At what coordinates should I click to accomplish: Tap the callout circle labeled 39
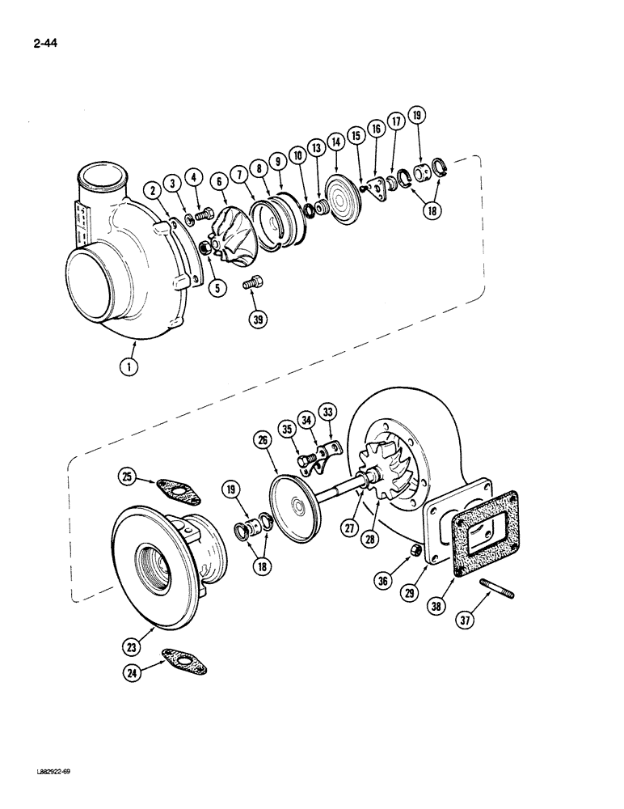tap(258, 320)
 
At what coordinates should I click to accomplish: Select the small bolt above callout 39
tap(251, 283)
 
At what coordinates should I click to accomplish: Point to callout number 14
tap(335, 139)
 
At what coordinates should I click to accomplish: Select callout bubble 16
tap(375, 129)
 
